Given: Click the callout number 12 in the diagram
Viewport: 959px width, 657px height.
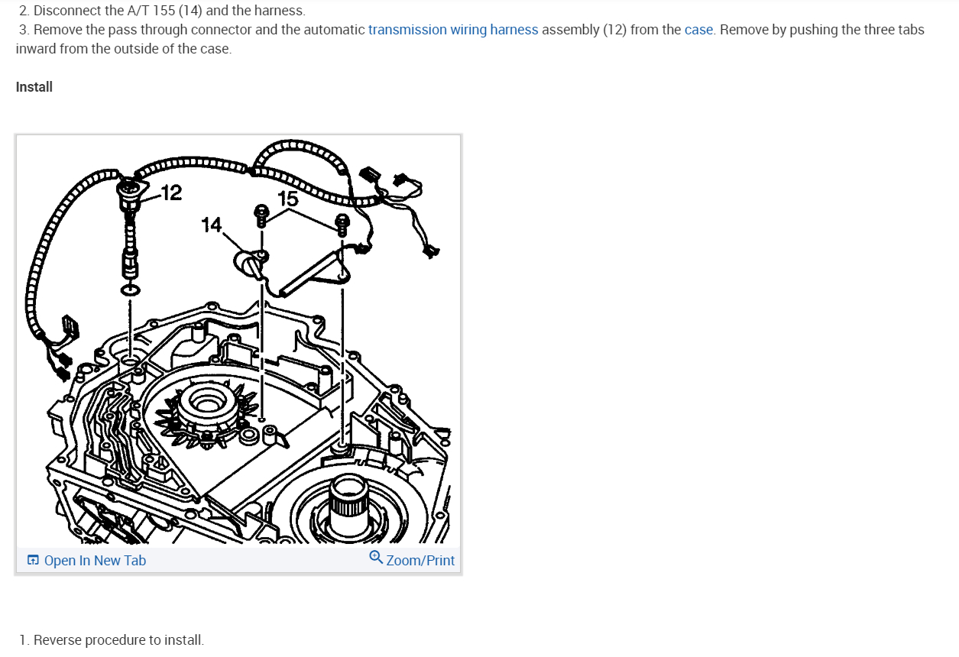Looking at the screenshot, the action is coord(172,193).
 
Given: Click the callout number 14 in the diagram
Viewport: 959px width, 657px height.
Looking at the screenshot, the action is coord(211,225).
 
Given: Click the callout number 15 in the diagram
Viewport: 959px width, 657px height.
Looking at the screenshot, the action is coord(287,199).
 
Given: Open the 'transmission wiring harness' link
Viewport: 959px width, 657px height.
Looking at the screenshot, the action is coord(453,30).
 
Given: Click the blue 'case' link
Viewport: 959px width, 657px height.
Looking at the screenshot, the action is coord(698,30).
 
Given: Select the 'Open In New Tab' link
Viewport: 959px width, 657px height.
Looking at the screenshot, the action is coord(95,561).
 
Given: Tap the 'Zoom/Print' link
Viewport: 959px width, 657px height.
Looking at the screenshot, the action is coord(420,561).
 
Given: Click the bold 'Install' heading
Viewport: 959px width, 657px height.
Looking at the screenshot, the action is coord(34,87).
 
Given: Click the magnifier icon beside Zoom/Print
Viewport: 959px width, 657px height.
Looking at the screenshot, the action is coord(376,558).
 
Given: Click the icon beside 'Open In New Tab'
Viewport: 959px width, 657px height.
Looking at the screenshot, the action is coord(33,561).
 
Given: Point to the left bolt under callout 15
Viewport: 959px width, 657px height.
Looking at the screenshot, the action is coord(261,215).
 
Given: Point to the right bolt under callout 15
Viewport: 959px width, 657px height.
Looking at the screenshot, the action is coord(342,223).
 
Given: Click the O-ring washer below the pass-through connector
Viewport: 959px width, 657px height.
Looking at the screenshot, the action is coord(129,290).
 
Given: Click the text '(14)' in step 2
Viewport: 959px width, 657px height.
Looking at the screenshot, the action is coord(189,11).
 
